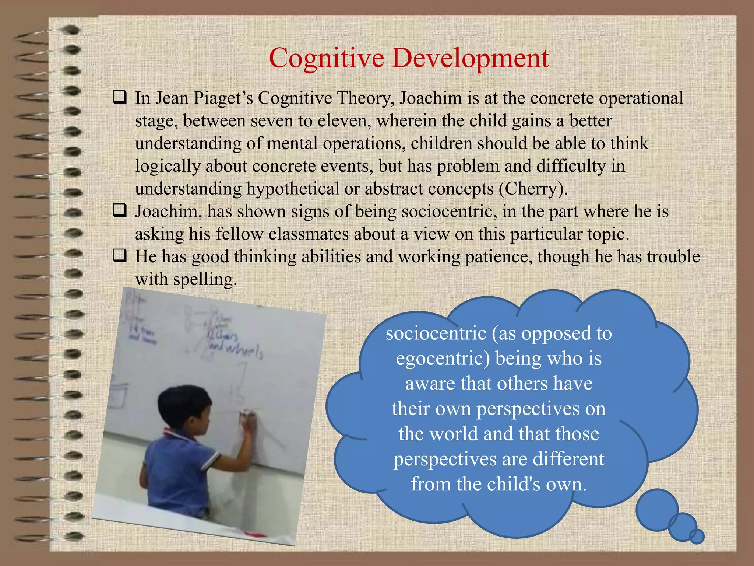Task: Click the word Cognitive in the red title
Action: [x=327, y=58]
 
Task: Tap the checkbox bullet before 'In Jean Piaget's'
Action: [x=120, y=98]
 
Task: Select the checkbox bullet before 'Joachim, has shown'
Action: [x=120, y=211]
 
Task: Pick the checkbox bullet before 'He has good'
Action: [x=120, y=256]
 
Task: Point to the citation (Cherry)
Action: [x=533, y=189]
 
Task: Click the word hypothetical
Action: [x=293, y=189]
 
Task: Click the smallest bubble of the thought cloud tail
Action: [x=697, y=537]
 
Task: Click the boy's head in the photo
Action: [x=184, y=405]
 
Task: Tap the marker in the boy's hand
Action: [x=247, y=415]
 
